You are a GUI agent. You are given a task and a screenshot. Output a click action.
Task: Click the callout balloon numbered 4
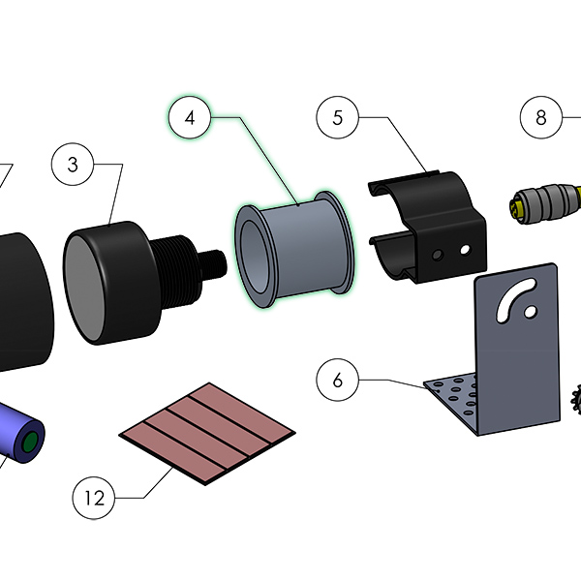[190, 117]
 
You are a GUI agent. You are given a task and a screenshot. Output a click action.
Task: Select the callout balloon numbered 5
[338, 117]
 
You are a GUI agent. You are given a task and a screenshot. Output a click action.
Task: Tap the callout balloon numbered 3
[73, 165]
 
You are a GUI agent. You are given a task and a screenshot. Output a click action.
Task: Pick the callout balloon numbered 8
[541, 117]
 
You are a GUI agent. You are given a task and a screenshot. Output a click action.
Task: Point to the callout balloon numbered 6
[338, 380]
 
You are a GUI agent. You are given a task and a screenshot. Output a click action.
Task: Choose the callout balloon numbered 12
[94, 498]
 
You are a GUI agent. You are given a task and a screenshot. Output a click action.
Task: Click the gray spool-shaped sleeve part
[294, 249]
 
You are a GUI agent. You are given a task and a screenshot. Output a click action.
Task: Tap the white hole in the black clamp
[465, 250]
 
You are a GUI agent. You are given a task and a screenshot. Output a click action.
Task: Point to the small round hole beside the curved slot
[531, 312]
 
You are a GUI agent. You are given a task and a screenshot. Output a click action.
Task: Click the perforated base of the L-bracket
[453, 400]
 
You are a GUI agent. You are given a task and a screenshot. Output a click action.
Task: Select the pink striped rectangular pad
[207, 434]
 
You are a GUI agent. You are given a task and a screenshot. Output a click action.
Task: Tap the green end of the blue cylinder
[30, 442]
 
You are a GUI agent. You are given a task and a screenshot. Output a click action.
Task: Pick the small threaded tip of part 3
[213, 263]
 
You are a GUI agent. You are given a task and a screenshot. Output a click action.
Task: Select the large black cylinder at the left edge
[23, 301]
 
